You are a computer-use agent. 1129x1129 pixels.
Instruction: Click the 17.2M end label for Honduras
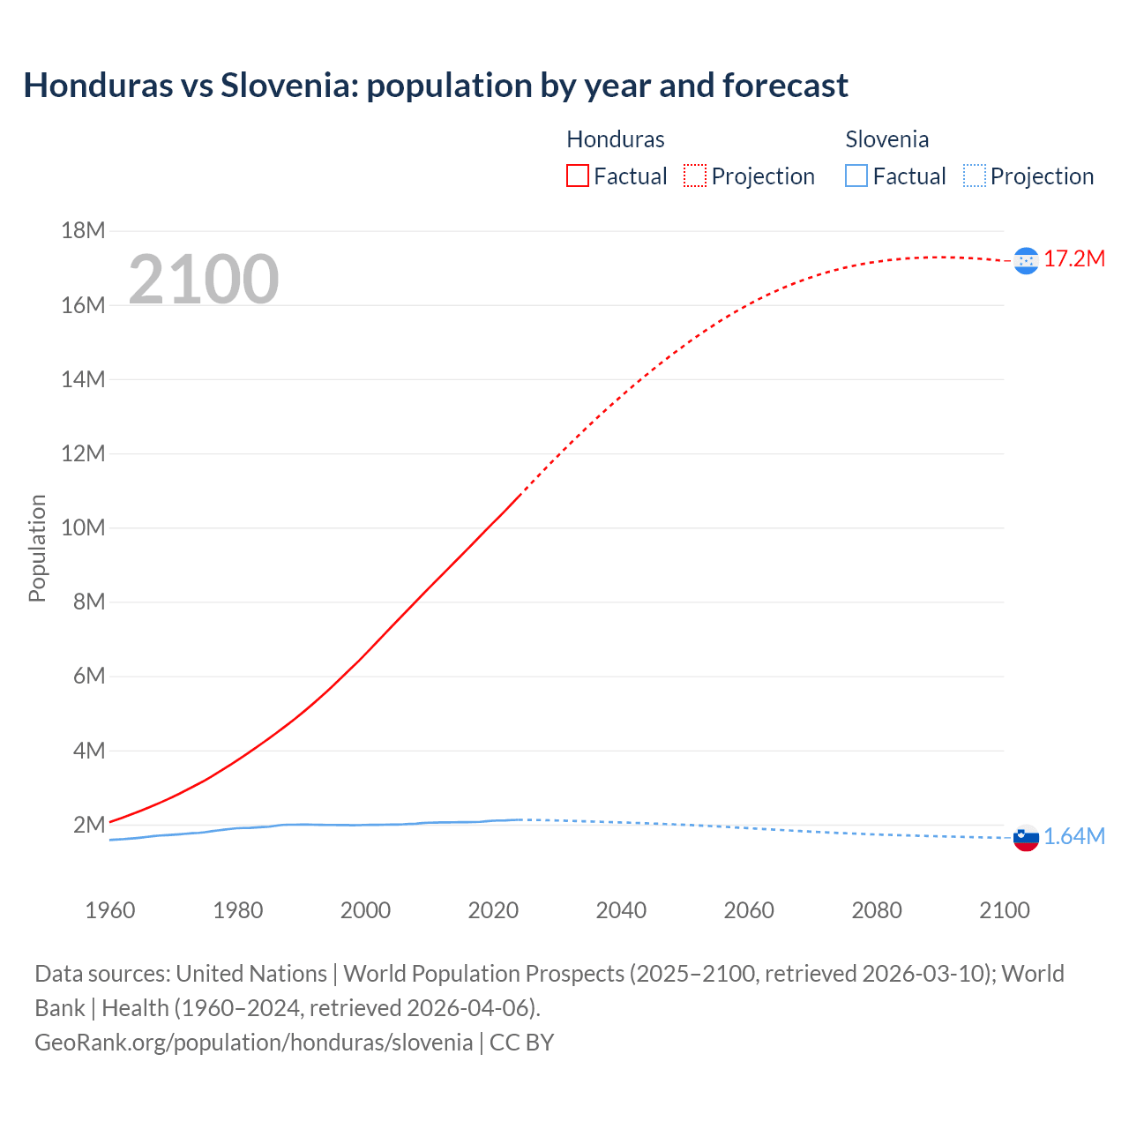(x=1073, y=258)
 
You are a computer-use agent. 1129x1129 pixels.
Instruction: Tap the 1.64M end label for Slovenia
(x=1073, y=836)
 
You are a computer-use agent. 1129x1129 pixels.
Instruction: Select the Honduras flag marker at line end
(x=1026, y=260)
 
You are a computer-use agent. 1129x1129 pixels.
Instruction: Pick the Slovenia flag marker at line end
(x=1026, y=838)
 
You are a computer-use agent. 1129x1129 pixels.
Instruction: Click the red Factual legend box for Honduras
(x=577, y=176)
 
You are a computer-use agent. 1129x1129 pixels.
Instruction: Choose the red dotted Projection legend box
(x=695, y=176)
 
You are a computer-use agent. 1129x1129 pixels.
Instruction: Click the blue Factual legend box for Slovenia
(x=856, y=176)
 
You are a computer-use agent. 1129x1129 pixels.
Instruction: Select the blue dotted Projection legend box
(x=974, y=176)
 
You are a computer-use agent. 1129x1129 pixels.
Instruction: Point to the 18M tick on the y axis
(x=83, y=231)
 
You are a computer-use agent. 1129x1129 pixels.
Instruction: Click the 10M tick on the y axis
(x=83, y=527)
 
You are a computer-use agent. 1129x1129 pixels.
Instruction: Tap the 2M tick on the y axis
(x=88, y=825)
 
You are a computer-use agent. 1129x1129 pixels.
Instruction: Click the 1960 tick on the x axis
(x=110, y=910)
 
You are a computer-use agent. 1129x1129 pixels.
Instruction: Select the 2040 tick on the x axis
(x=621, y=910)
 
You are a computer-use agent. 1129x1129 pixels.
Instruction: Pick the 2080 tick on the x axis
(x=877, y=910)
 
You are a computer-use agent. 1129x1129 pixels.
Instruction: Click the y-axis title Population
(x=37, y=548)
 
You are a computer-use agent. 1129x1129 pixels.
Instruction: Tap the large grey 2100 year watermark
(x=204, y=280)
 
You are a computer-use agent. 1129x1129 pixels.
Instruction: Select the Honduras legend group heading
(x=615, y=139)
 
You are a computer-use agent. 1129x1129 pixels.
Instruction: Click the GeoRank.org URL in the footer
(x=253, y=1042)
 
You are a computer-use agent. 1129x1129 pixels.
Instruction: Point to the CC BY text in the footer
(x=521, y=1042)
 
